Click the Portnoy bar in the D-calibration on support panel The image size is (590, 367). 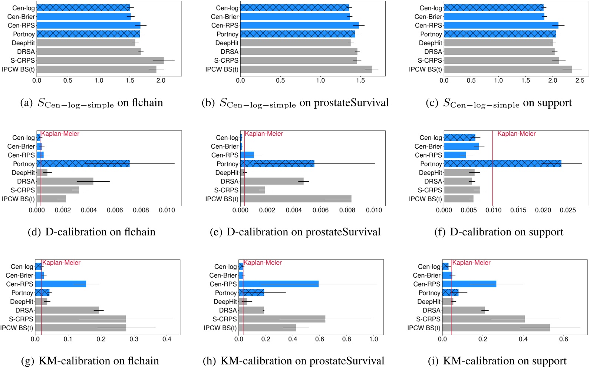(502, 164)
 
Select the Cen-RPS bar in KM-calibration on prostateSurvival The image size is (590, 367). (278, 284)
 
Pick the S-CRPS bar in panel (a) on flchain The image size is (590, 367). (100, 60)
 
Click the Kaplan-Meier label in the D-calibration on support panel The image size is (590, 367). (516, 134)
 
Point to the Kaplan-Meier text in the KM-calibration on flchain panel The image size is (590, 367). (61, 263)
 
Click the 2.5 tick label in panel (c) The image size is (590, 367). (580, 80)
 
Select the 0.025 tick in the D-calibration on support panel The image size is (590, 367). (568, 210)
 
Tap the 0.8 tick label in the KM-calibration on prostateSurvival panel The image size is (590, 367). (347, 339)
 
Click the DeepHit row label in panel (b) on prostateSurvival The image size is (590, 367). (227, 43)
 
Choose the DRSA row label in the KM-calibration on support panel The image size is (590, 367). (431, 310)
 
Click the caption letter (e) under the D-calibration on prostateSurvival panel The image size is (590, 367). (216, 232)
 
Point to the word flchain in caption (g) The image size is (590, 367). (143, 361)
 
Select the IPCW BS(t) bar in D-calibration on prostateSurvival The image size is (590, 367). (296, 199)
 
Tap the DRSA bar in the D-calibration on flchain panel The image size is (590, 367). (65, 181)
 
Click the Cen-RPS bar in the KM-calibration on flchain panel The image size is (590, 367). (60, 284)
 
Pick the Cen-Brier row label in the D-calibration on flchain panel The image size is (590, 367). (21, 146)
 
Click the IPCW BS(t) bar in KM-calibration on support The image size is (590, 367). (496, 328)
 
